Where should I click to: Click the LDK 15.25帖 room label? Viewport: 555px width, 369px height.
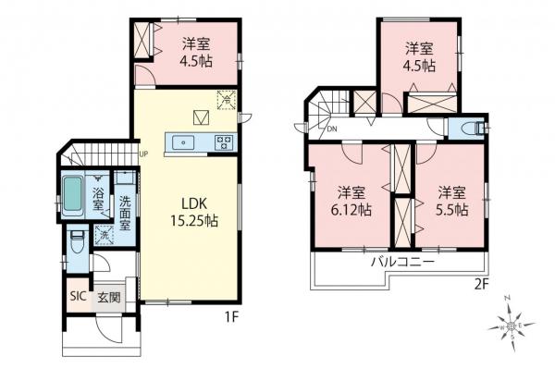click(191, 212)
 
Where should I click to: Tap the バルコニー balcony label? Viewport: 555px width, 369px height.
click(403, 263)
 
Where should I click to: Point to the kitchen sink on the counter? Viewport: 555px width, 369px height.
click(182, 141)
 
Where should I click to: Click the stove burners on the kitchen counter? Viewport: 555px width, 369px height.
click(223, 141)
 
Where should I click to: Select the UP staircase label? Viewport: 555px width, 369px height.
click(143, 154)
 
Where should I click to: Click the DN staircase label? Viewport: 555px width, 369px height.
click(330, 129)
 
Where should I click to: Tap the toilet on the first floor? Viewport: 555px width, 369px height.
click(80, 239)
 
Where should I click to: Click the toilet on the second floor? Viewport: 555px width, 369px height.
click(468, 127)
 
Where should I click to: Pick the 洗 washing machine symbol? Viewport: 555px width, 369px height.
click(104, 236)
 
